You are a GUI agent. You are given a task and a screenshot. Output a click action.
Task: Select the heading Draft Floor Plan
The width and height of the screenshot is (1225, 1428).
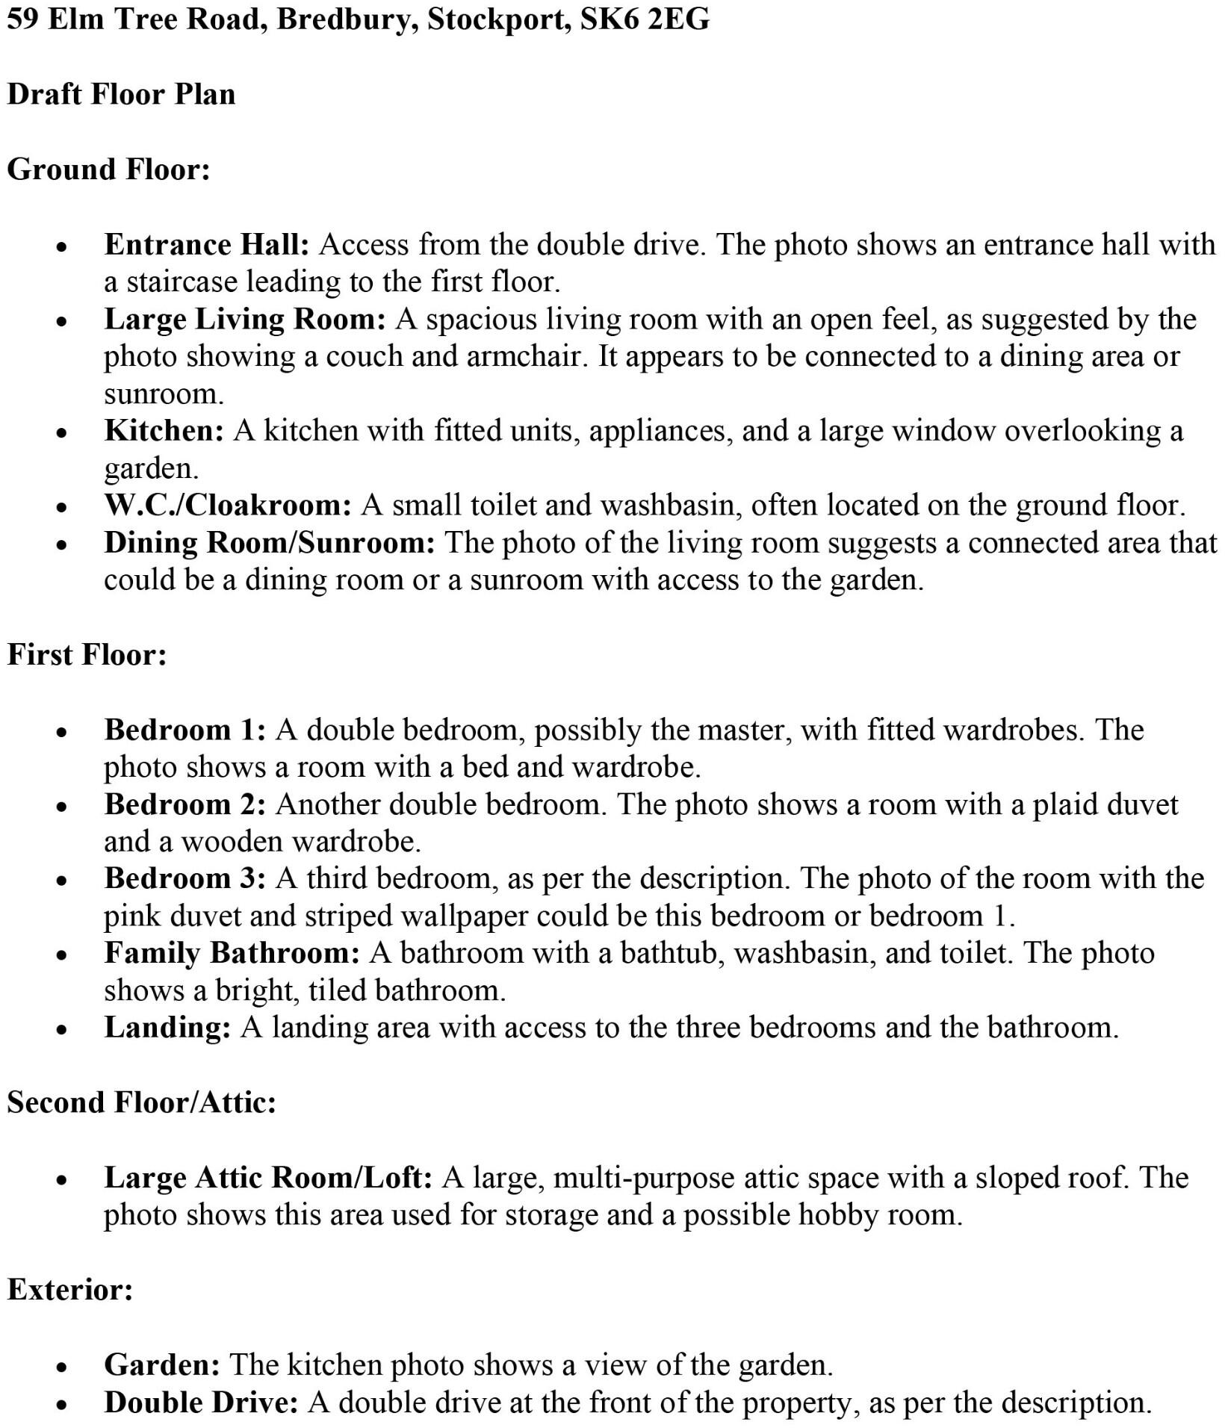coord(121,95)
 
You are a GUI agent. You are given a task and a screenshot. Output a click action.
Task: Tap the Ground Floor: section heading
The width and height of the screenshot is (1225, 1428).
coord(108,170)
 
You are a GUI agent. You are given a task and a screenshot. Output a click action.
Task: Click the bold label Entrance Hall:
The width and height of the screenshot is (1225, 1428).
coord(207,245)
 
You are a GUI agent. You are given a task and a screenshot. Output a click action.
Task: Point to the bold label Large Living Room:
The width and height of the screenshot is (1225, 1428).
coord(245,320)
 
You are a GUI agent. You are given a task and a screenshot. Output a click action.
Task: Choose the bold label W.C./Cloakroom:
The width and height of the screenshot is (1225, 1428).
coord(228,506)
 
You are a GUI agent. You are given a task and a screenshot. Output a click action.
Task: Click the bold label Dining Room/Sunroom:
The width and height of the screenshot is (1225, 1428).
coord(270,543)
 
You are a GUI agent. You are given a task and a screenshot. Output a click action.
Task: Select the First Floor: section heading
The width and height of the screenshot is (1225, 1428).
coord(87,655)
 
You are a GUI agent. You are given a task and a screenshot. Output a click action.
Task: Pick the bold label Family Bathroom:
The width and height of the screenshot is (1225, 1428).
coord(232,954)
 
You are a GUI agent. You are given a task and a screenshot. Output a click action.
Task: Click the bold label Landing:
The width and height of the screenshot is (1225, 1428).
coord(167,1028)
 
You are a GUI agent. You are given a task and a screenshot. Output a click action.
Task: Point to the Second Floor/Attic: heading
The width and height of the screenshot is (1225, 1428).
coord(142,1103)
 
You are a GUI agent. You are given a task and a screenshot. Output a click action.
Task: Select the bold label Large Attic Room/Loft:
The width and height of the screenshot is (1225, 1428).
coord(268,1178)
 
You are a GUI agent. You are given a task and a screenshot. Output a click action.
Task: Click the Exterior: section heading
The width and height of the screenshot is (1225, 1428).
coord(70,1290)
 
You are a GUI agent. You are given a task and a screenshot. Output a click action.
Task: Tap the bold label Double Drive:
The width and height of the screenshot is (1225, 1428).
coord(201,1403)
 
